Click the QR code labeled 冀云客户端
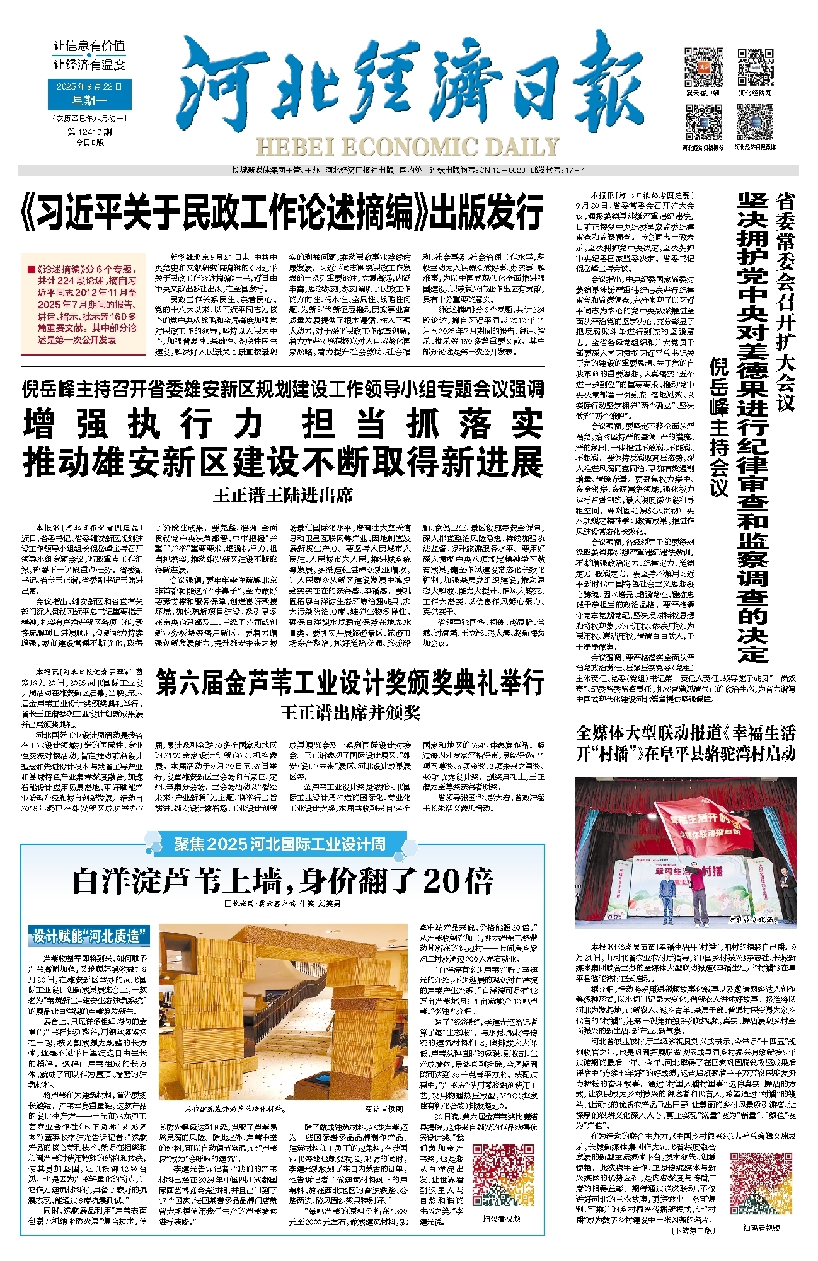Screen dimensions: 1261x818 point(703,67)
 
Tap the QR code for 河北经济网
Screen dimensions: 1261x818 point(755,67)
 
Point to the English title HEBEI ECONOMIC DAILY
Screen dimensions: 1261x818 point(408,148)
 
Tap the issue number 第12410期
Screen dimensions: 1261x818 point(89,132)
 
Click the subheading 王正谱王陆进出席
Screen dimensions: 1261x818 point(282,495)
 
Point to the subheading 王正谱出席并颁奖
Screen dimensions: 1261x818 point(350,713)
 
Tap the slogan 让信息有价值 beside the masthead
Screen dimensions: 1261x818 point(89,46)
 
